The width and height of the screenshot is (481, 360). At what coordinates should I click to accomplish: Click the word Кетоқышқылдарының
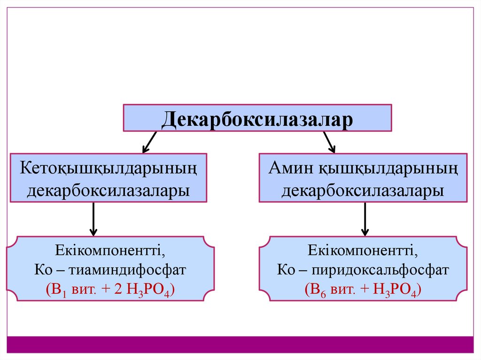click(x=108, y=168)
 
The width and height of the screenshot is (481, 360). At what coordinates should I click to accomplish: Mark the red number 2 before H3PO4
click(x=118, y=290)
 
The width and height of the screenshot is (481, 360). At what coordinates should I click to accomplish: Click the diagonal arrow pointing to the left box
click(x=149, y=142)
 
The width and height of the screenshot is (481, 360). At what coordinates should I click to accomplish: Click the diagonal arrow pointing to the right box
click(x=329, y=142)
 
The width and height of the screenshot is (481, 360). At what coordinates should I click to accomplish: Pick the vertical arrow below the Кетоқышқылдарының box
click(x=93, y=219)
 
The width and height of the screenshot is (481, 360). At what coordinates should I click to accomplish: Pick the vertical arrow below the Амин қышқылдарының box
click(x=365, y=219)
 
